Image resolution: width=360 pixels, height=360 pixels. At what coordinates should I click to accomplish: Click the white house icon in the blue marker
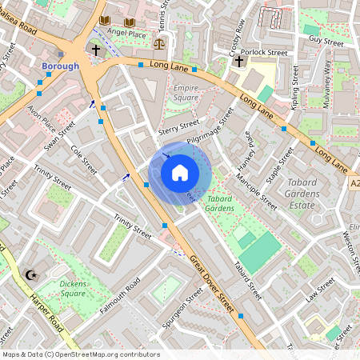tap(180, 172)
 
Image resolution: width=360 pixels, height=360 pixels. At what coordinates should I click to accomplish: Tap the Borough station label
tap(60, 66)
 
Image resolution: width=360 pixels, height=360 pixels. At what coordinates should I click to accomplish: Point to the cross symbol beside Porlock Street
tap(238, 61)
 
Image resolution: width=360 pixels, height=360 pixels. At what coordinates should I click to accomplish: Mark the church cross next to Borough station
tap(96, 50)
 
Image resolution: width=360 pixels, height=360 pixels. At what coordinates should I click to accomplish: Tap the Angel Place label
tap(126, 34)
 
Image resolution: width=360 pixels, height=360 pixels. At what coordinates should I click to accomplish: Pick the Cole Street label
tap(83, 159)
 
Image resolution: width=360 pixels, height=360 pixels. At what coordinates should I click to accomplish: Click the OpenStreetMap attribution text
tap(80, 354)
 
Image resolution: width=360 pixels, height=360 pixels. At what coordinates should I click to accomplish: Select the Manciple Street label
tap(256, 192)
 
